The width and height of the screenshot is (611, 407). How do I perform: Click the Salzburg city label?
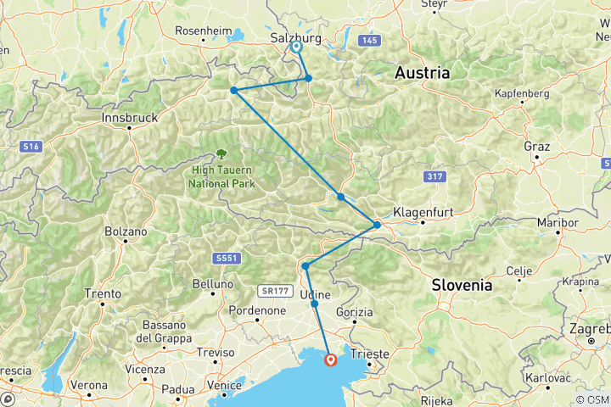pyautogui.click(x=294, y=38)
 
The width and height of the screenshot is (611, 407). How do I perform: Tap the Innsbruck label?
pyautogui.click(x=129, y=117)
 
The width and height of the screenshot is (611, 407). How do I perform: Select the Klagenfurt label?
pyautogui.click(x=420, y=213)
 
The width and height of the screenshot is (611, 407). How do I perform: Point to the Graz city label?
pyautogui.click(x=537, y=146)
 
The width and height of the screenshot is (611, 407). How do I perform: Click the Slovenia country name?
pyautogui.click(x=461, y=285)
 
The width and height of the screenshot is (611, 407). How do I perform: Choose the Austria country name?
pyautogui.click(x=422, y=74)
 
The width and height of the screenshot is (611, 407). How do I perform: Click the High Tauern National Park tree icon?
pyautogui.click(x=221, y=153)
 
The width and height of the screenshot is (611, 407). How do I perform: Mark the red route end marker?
pyautogui.click(x=331, y=360)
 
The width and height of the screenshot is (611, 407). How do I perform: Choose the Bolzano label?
pyautogui.click(x=126, y=231)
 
